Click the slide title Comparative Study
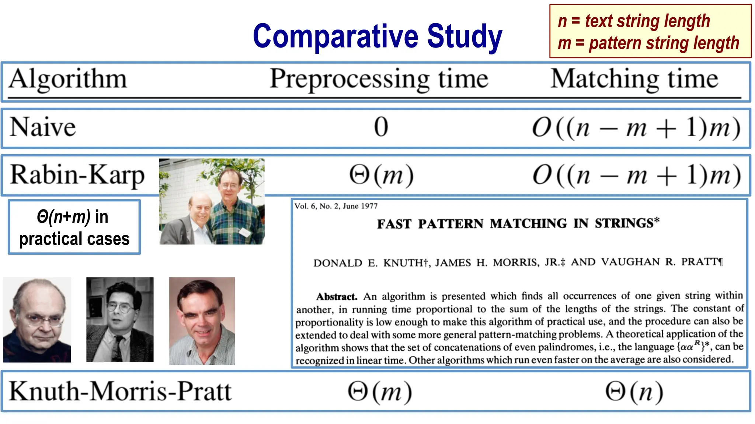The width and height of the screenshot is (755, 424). click(377, 36)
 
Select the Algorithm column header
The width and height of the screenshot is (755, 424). click(68, 79)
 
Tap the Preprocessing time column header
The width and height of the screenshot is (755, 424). click(379, 79)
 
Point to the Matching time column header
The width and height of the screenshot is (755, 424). click(634, 79)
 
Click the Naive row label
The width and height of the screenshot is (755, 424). click(43, 127)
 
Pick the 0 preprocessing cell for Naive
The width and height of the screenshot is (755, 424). click(381, 127)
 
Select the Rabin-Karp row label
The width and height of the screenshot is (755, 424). click(77, 175)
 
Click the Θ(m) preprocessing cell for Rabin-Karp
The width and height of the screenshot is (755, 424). click(382, 175)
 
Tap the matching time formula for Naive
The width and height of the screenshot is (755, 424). click(636, 128)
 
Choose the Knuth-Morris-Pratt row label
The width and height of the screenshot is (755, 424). click(120, 391)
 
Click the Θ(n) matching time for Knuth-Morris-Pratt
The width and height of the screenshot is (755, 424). click(634, 392)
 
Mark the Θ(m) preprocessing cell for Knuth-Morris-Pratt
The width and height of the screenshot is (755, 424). click(380, 392)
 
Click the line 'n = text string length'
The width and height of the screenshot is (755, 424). click(634, 21)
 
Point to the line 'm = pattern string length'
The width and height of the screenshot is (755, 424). click(648, 43)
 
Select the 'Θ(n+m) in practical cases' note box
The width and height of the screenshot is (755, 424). click(74, 227)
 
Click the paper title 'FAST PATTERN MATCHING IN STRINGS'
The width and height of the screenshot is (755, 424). click(518, 223)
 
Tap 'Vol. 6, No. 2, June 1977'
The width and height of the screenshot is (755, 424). click(336, 206)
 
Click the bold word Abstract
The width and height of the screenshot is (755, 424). click(337, 297)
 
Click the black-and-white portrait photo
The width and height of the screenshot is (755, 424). click(120, 319)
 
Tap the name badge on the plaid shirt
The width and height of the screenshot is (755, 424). click(244, 232)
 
